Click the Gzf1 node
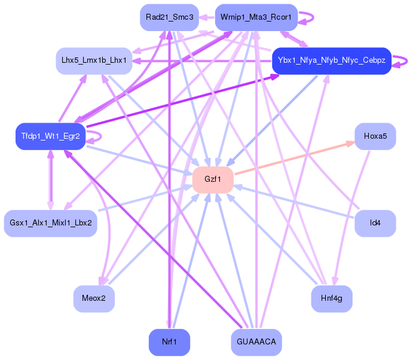[212, 180]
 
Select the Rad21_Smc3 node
[169, 17]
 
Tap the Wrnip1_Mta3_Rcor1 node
[256, 17]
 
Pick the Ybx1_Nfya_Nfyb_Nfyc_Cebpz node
[331, 60]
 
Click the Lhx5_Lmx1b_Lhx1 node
[94, 60]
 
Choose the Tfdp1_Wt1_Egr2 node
[50, 136]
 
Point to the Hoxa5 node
[375, 136]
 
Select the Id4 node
[375, 223]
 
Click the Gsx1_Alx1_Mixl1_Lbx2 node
[50, 223]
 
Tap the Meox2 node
[94, 298]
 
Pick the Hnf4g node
[331, 298]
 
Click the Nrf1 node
[169, 342]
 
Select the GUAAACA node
[256, 342]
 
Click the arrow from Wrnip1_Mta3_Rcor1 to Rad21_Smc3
[207, 17]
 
